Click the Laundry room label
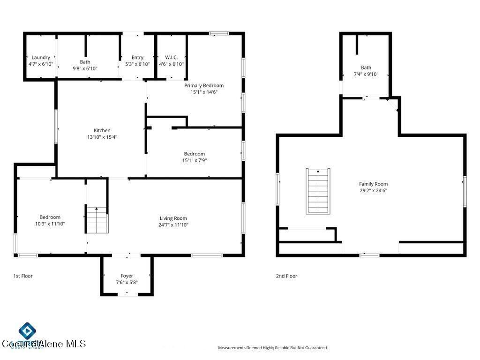[x=41, y=58]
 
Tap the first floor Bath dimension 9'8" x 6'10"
[x=85, y=68]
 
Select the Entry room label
[x=137, y=58]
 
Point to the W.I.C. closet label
[x=171, y=58]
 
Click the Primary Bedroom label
[x=203, y=86]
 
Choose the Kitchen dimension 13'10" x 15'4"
[x=102, y=137]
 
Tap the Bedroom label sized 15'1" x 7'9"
[x=194, y=154]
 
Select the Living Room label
[x=173, y=218]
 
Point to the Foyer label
[x=127, y=276]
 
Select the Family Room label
[x=373, y=184]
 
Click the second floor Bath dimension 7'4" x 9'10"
[x=366, y=74]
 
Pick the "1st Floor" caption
[x=22, y=276]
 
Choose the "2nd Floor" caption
[x=286, y=276]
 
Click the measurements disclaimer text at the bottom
[x=273, y=348]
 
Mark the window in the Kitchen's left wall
[x=56, y=127]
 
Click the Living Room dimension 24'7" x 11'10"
[x=173, y=225]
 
